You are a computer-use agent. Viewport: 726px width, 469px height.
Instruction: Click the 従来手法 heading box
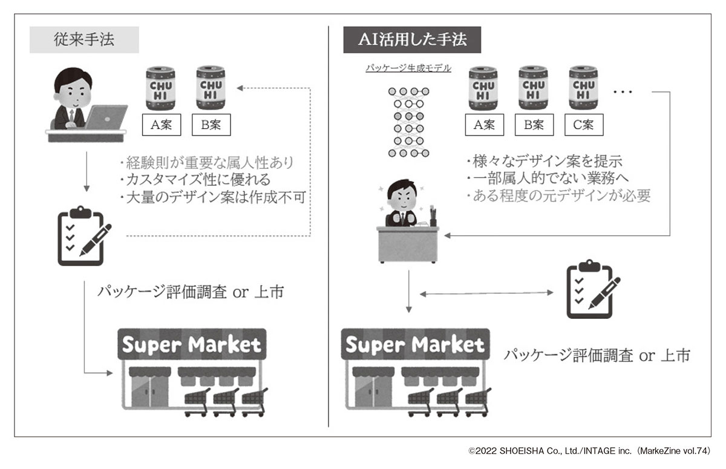84,41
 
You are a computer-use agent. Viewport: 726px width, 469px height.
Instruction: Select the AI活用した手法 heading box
413,41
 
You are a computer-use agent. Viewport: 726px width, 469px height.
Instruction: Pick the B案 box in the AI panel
534,125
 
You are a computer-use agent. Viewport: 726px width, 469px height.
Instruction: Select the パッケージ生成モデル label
408,68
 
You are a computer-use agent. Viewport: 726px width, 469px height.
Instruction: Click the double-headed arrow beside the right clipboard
487,294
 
